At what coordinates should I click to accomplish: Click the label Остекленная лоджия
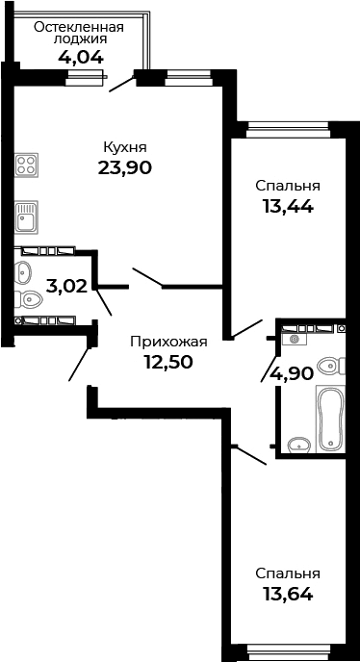click(x=78, y=34)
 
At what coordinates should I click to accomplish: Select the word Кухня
click(x=124, y=147)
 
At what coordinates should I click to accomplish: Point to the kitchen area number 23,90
click(x=124, y=167)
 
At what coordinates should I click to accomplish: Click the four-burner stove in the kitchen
click(x=26, y=165)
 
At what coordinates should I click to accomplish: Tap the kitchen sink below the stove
click(x=25, y=218)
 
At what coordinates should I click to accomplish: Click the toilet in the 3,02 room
click(x=24, y=272)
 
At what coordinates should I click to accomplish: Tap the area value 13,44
click(x=287, y=205)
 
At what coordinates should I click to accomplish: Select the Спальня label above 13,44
click(x=287, y=185)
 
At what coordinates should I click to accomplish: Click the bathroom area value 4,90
click(x=292, y=373)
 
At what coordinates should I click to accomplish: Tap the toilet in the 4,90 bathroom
click(x=330, y=366)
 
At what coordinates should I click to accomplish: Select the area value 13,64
click(x=287, y=594)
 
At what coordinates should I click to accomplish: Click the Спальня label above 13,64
click(x=287, y=573)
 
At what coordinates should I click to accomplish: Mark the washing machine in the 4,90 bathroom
click(x=293, y=338)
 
